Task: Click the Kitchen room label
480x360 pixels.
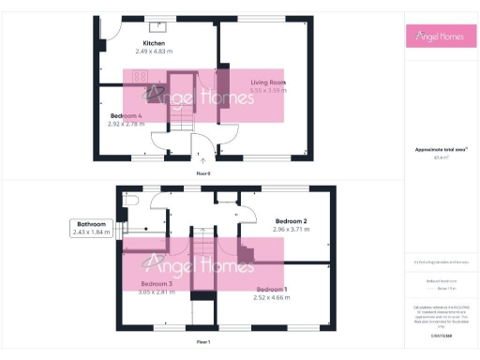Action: click(x=154, y=44)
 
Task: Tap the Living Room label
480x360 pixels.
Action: click(x=268, y=83)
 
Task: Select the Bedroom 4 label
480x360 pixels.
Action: click(x=126, y=115)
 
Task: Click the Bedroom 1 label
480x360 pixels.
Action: click(x=272, y=289)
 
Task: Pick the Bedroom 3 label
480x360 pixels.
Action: click(x=156, y=283)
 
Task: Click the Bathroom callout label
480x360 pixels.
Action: click(x=92, y=224)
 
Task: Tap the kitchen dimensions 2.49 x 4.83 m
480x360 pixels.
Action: click(x=154, y=52)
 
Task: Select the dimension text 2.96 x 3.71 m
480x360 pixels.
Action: click(x=292, y=230)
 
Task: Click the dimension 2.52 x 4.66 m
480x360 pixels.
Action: click(x=272, y=297)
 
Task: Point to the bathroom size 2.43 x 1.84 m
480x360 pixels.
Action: click(x=92, y=232)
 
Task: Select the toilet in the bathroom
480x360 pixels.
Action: click(x=131, y=200)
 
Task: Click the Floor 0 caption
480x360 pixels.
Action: click(x=202, y=173)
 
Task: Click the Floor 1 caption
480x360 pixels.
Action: click(x=202, y=343)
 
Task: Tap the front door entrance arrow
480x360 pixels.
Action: click(x=202, y=161)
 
